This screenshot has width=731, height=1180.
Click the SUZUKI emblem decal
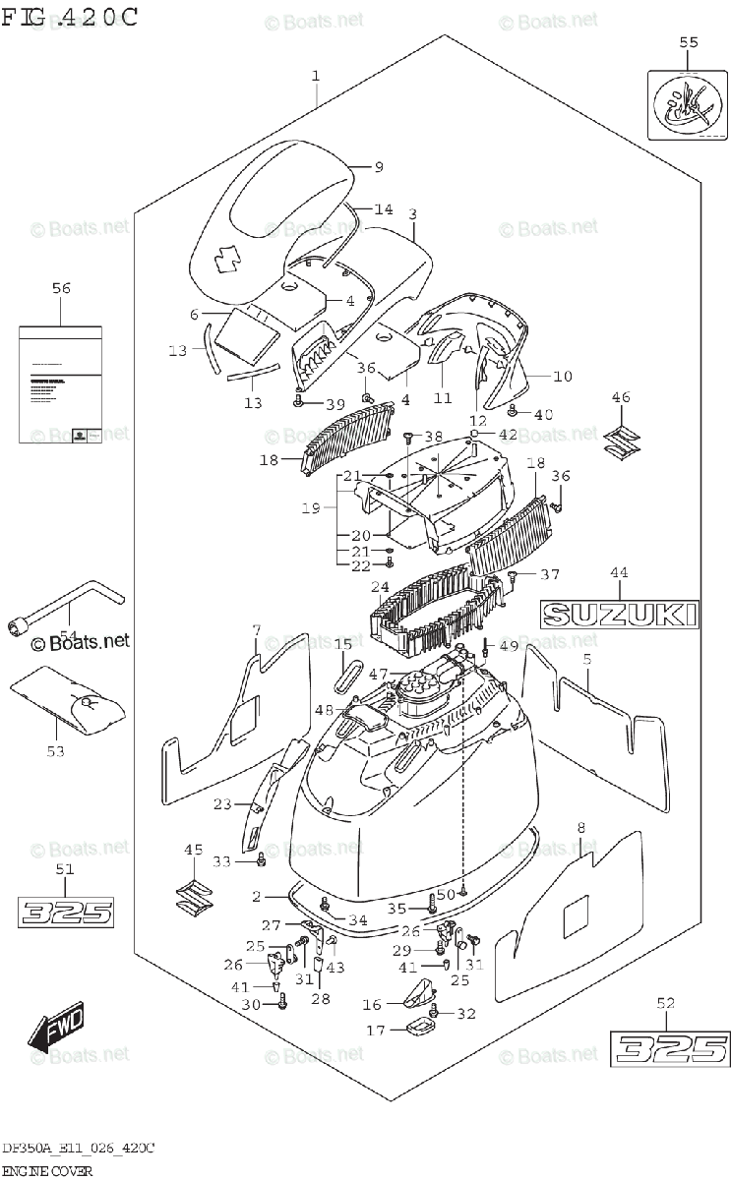[620, 615]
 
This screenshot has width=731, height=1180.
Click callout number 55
[689, 41]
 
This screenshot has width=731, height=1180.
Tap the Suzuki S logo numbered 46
[621, 442]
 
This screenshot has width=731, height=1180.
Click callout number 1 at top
[316, 76]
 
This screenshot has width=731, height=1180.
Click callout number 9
[379, 167]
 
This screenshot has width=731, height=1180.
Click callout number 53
[55, 751]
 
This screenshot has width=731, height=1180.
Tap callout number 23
[222, 804]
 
